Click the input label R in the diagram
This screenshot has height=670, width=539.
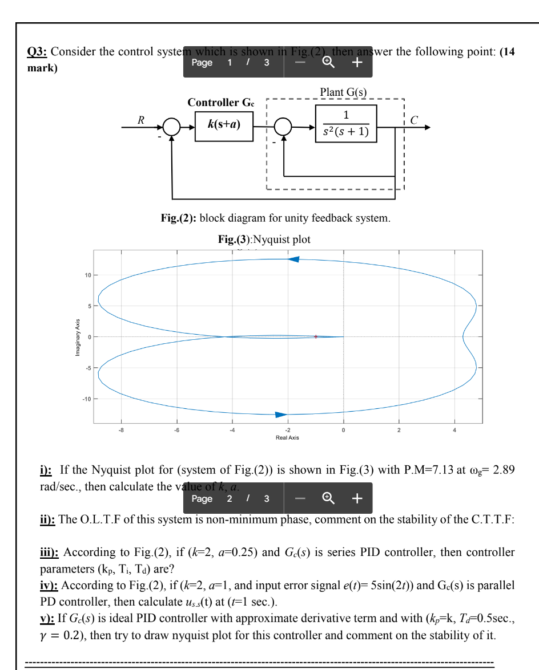click(x=140, y=119)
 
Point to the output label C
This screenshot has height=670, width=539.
click(x=414, y=120)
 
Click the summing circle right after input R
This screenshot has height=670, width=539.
click(x=171, y=125)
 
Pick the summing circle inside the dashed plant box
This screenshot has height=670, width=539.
click(x=283, y=125)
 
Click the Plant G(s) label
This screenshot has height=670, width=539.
click(x=343, y=92)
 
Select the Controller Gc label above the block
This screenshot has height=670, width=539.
click(x=222, y=103)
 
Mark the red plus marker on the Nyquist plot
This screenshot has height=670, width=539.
click(x=315, y=336)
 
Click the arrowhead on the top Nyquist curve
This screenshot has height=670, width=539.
click(x=293, y=259)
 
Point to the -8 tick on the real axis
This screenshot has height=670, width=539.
click(x=120, y=430)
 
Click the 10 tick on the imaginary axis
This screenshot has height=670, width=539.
click(x=87, y=275)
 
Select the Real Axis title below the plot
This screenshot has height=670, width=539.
click(x=287, y=437)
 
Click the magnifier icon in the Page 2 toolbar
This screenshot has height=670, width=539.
click(x=328, y=498)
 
